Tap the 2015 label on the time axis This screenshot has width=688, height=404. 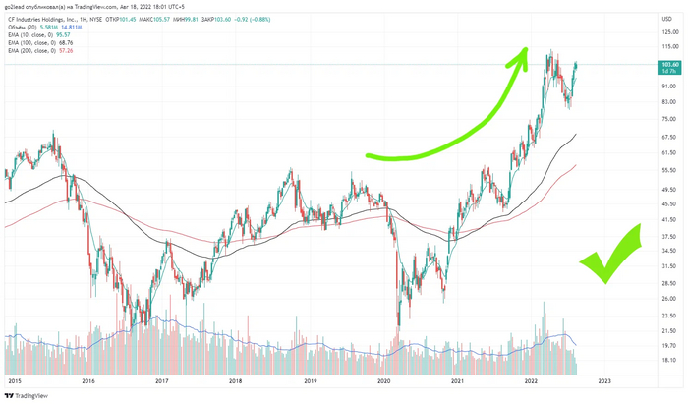pyautogui.click(x=14, y=380)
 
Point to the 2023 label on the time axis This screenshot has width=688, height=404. pyautogui.click(x=603, y=380)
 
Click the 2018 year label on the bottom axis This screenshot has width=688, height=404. pyautogui.click(x=236, y=380)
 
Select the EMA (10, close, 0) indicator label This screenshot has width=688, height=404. pyautogui.click(x=33, y=33)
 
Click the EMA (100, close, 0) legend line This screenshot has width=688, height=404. pyautogui.click(x=35, y=42)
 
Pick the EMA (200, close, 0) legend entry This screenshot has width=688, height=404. pyautogui.click(x=35, y=50)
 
